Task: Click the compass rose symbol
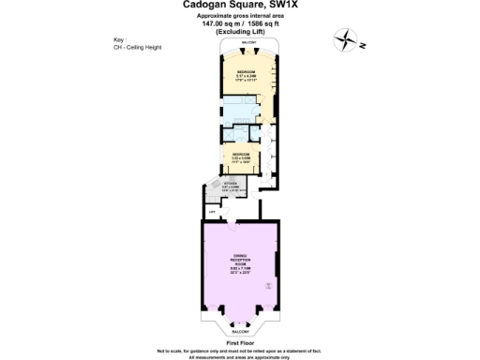point(350,40)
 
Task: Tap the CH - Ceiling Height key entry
point(138,47)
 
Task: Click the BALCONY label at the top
point(248,43)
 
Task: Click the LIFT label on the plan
point(212,212)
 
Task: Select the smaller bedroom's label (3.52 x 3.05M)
point(241,156)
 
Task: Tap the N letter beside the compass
point(361,46)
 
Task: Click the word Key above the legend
point(118,39)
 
